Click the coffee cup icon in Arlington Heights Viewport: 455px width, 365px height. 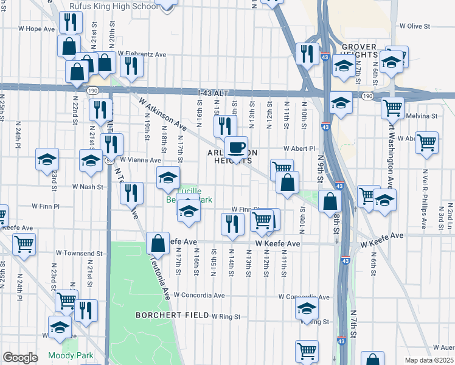coord(236,147)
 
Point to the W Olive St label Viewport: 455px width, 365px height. coord(414,26)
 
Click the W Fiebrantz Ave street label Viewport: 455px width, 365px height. coord(142,54)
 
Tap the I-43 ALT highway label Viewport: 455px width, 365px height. coord(213,92)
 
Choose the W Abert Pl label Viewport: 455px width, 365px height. coord(299,148)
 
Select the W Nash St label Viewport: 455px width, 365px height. coord(88,187)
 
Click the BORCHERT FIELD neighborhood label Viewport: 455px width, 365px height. coord(164,315)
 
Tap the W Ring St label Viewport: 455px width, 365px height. coord(226,316)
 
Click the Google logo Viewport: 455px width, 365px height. coord(20,358)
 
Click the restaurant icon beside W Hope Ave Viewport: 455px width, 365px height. coord(71,23)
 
